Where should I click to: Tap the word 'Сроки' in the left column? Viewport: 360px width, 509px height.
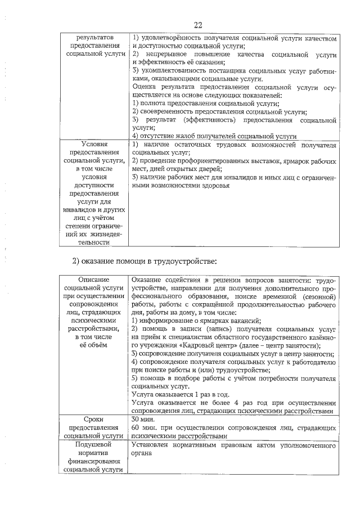pyautogui.click(x=93, y=419)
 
